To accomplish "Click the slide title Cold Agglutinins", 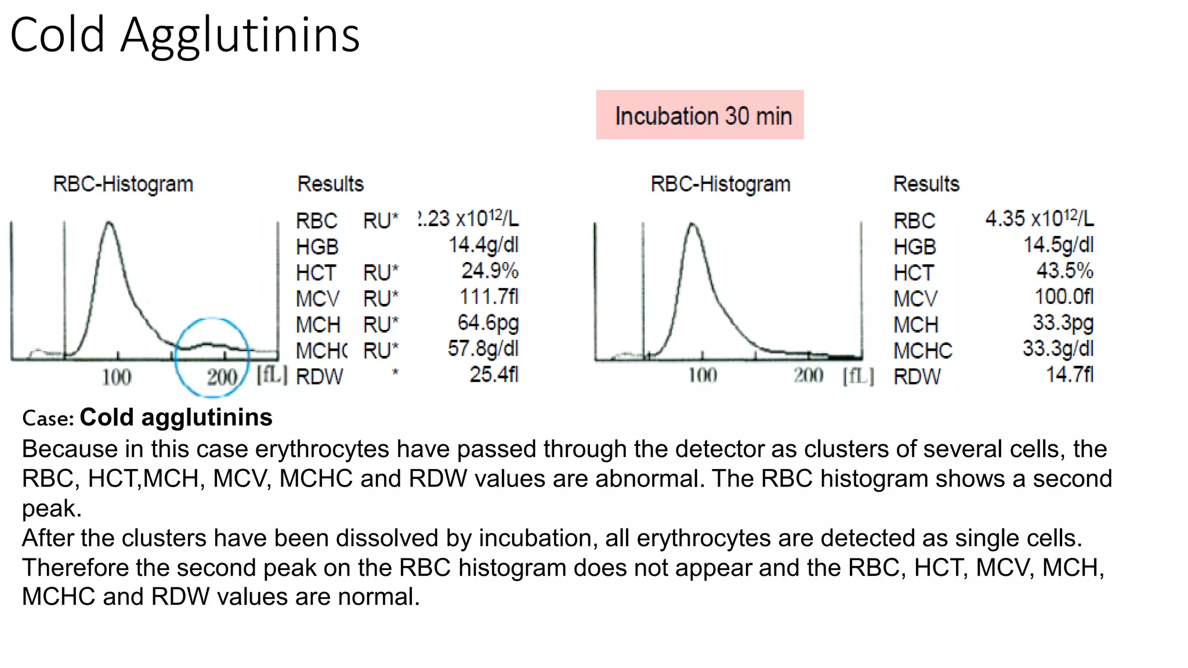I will tap(185, 35).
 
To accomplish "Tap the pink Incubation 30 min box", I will tap(700, 115).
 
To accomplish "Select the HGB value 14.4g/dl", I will tap(483, 245).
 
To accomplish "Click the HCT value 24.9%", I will tap(490, 271).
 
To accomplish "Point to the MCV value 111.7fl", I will tap(488, 297).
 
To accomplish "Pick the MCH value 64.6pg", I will tap(488, 322).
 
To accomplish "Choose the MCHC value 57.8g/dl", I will tap(483, 348).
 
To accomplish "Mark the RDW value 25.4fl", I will tap(494, 375).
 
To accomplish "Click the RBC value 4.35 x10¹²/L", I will tap(1039, 219).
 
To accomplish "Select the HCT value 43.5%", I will tap(1064, 271).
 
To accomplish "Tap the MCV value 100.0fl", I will tap(1064, 297).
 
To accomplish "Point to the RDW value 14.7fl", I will tap(1069, 375).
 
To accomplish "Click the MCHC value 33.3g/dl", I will tap(1057, 348).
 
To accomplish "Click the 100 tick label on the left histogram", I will tap(117, 377).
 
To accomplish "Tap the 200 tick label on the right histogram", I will tap(809, 376).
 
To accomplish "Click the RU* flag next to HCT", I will tap(381, 273).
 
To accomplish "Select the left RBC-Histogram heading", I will tap(123, 184).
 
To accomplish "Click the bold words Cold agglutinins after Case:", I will tap(176, 418).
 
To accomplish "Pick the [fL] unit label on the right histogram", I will tap(858, 376).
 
